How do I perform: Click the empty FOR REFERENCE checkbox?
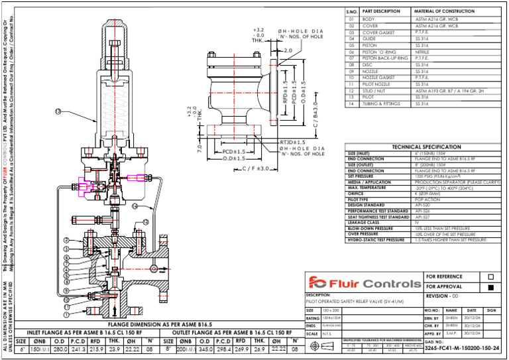490,276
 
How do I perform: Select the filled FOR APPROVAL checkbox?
490,288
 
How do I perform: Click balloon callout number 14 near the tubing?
135,206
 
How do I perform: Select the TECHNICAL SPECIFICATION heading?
427,147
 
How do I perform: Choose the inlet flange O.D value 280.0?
61,349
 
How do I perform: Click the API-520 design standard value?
422,206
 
